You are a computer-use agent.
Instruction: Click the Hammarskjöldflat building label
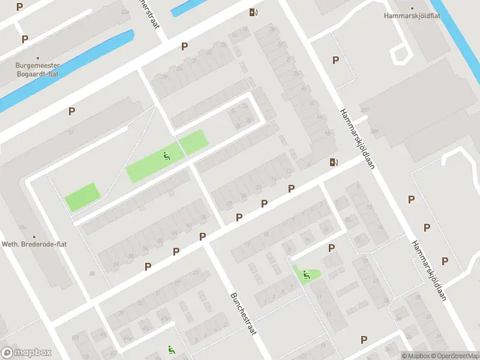[x=412, y=16]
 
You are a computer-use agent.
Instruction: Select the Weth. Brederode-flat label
[x=34, y=245]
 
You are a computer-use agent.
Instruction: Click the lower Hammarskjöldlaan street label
[x=430, y=271]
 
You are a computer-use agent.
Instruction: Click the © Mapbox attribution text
[x=416, y=356]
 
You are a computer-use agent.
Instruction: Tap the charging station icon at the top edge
[x=254, y=12]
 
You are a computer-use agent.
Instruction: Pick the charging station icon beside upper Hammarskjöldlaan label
[x=333, y=161]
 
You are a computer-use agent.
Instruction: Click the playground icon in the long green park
[x=167, y=157]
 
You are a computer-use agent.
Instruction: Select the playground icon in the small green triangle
[x=306, y=275]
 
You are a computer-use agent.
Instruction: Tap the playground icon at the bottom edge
[x=171, y=350]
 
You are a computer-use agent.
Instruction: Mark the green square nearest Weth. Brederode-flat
[x=81, y=197]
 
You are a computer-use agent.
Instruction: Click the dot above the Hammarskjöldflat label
[x=412, y=8]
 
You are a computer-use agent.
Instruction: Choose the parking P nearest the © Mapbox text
[x=364, y=340]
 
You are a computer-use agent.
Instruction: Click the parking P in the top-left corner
[x=20, y=7]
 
